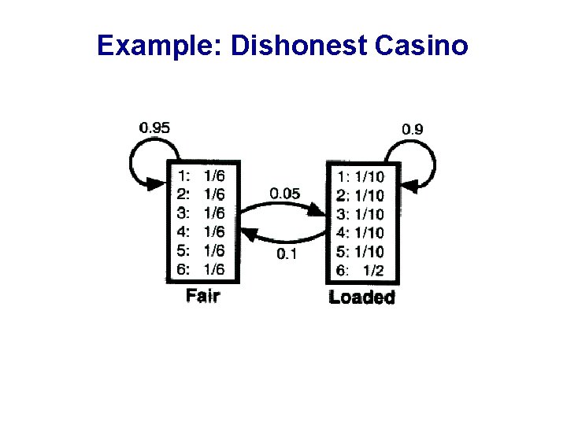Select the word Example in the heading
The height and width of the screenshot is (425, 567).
point(158,46)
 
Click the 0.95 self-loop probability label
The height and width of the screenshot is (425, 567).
point(154,126)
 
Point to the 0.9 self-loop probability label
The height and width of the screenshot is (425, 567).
point(414,128)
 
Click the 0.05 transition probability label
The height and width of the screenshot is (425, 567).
point(284,194)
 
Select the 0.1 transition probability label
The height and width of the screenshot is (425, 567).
point(286,253)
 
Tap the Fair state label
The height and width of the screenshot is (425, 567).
point(202,296)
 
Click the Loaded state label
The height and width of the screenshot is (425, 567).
point(361,297)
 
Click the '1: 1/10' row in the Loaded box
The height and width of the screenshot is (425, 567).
point(361,176)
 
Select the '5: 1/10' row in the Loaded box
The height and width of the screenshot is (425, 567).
point(361,252)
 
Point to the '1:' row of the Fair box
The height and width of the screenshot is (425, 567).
point(202,175)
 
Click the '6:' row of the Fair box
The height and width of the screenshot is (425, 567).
point(202,269)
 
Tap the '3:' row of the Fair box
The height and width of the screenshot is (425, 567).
point(202,213)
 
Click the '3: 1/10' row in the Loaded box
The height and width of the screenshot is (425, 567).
point(361,214)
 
